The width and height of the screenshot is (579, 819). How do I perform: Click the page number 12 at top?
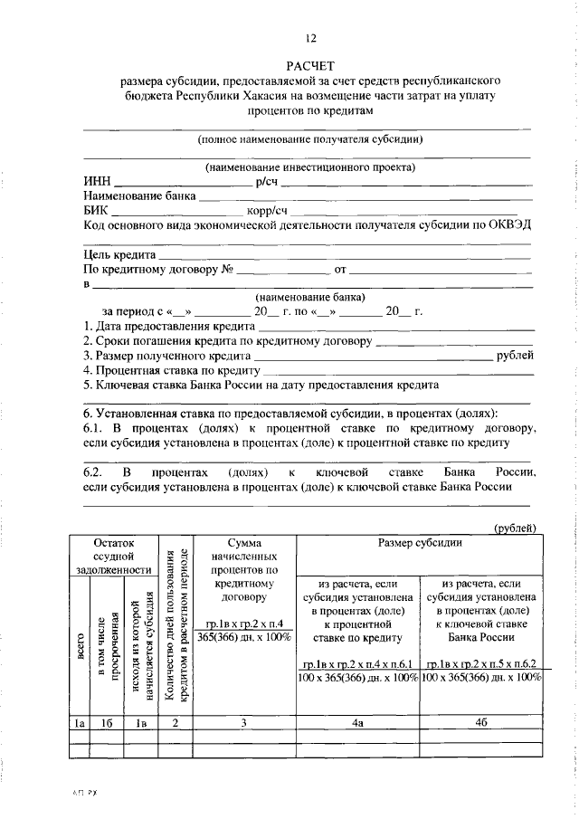pyautogui.click(x=310, y=38)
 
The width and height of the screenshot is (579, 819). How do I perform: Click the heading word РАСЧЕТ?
pyautogui.click(x=310, y=65)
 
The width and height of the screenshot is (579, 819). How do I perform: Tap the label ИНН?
pyautogui.click(x=97, y=181)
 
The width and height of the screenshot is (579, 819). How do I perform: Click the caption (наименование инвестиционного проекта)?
pyautogui.click(x=310, y=167)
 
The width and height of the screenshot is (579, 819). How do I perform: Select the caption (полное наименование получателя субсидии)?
pyautogui.click(x=310, y=138)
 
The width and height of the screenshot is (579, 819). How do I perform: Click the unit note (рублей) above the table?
pyautogui.click(x=516, y=528)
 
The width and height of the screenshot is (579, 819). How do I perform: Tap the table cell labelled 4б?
pyautogui.click(x=481, y=723)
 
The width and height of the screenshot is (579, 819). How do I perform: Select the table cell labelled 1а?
pyautogui.click(x=78, y=723)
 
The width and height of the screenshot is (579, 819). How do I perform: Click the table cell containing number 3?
pyautogui.click(x=244, y=723)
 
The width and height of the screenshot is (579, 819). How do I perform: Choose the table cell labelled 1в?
pyautogui.click(x=140, y=723)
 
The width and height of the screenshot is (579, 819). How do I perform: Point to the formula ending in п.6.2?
pyautogui.click(x=481, y=663)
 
